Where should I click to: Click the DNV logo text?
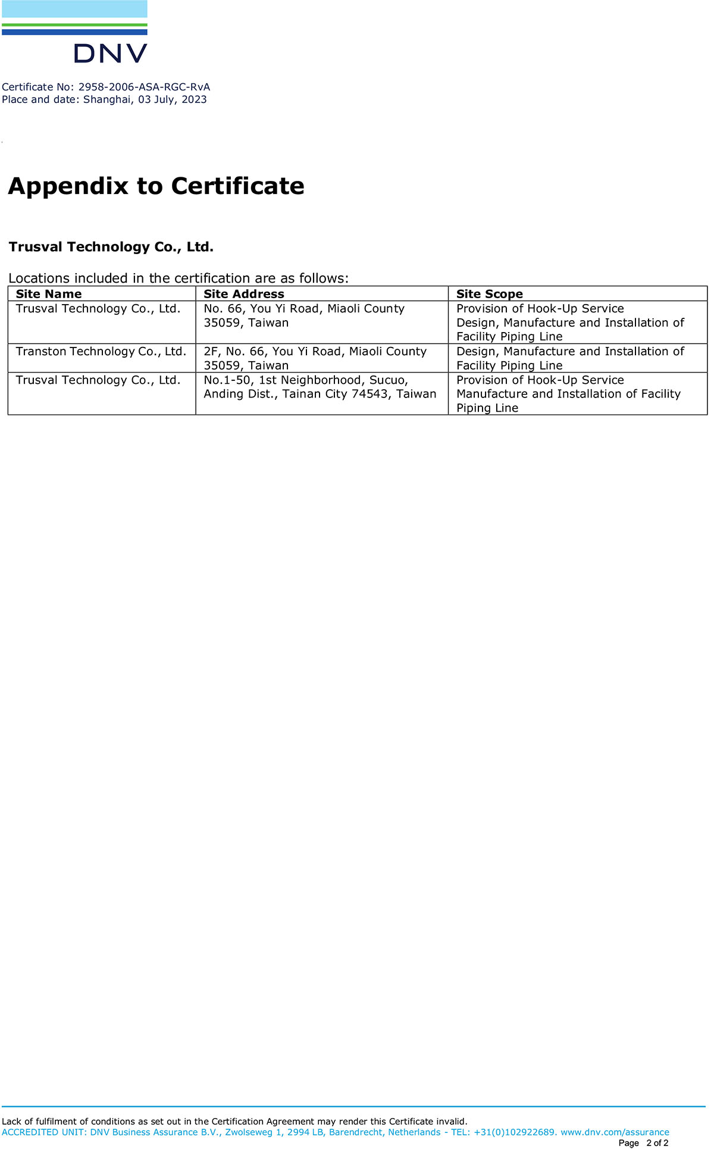pos(110,54)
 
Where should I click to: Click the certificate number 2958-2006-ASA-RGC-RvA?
pos(144,87)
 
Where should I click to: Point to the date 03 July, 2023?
pos(173,99)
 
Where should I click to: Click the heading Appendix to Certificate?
pos(156,186)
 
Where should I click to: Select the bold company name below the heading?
pos(111,247)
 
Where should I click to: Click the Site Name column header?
pos(49,294)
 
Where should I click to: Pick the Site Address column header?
pos(244,294)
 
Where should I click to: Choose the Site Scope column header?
pos(489,294)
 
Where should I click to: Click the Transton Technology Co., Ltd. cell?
pos(101,352)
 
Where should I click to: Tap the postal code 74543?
pos(371,394)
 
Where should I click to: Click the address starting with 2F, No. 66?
pos(315,352)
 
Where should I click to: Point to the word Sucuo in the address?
pos(388,380)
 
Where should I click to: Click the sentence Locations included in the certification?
pos(178,278)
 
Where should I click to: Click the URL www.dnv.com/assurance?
pos(615,1132)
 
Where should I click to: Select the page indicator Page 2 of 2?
pos(643,1143)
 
